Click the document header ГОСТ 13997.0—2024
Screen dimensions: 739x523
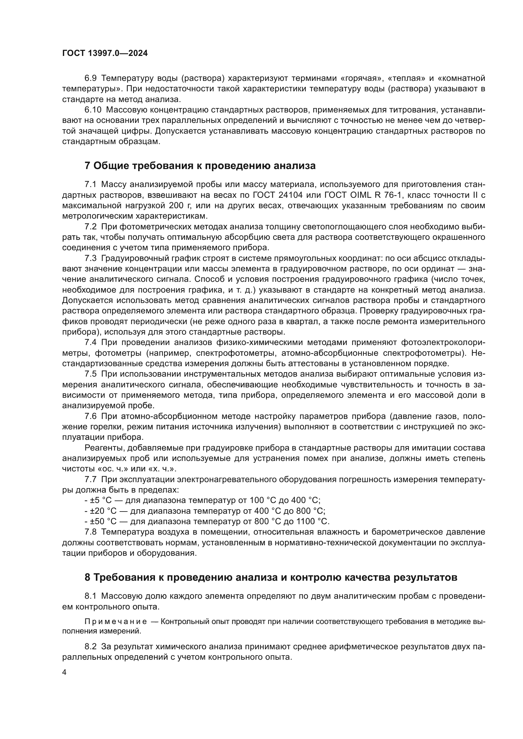(105, 53)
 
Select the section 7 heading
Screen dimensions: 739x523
(200, 166)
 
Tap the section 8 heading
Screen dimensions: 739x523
(271, 578)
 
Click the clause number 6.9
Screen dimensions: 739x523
(90, 78)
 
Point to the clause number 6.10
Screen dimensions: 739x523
(93, 110)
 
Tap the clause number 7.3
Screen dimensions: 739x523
(90, 258)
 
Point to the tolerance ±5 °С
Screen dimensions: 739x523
(101, 500)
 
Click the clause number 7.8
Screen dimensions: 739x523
(90, 532)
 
